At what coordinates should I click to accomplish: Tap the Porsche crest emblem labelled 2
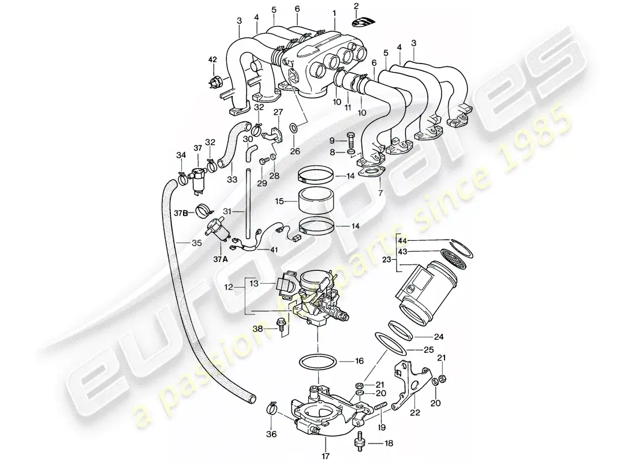click(364, 24)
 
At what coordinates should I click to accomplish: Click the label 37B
click(180, 212)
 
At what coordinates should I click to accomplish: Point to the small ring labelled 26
click(293, 128)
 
